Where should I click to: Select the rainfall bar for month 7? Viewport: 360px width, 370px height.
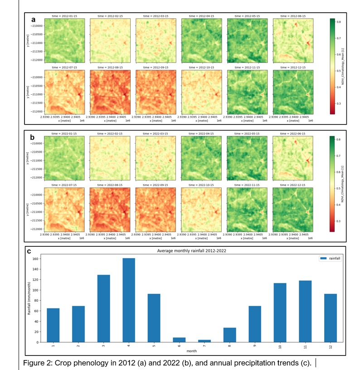pos(205,341)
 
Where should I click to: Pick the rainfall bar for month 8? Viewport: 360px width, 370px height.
pos(230,335)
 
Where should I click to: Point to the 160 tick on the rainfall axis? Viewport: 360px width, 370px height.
pos(37,259)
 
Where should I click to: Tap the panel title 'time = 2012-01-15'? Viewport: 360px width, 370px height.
pos(65,16)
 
